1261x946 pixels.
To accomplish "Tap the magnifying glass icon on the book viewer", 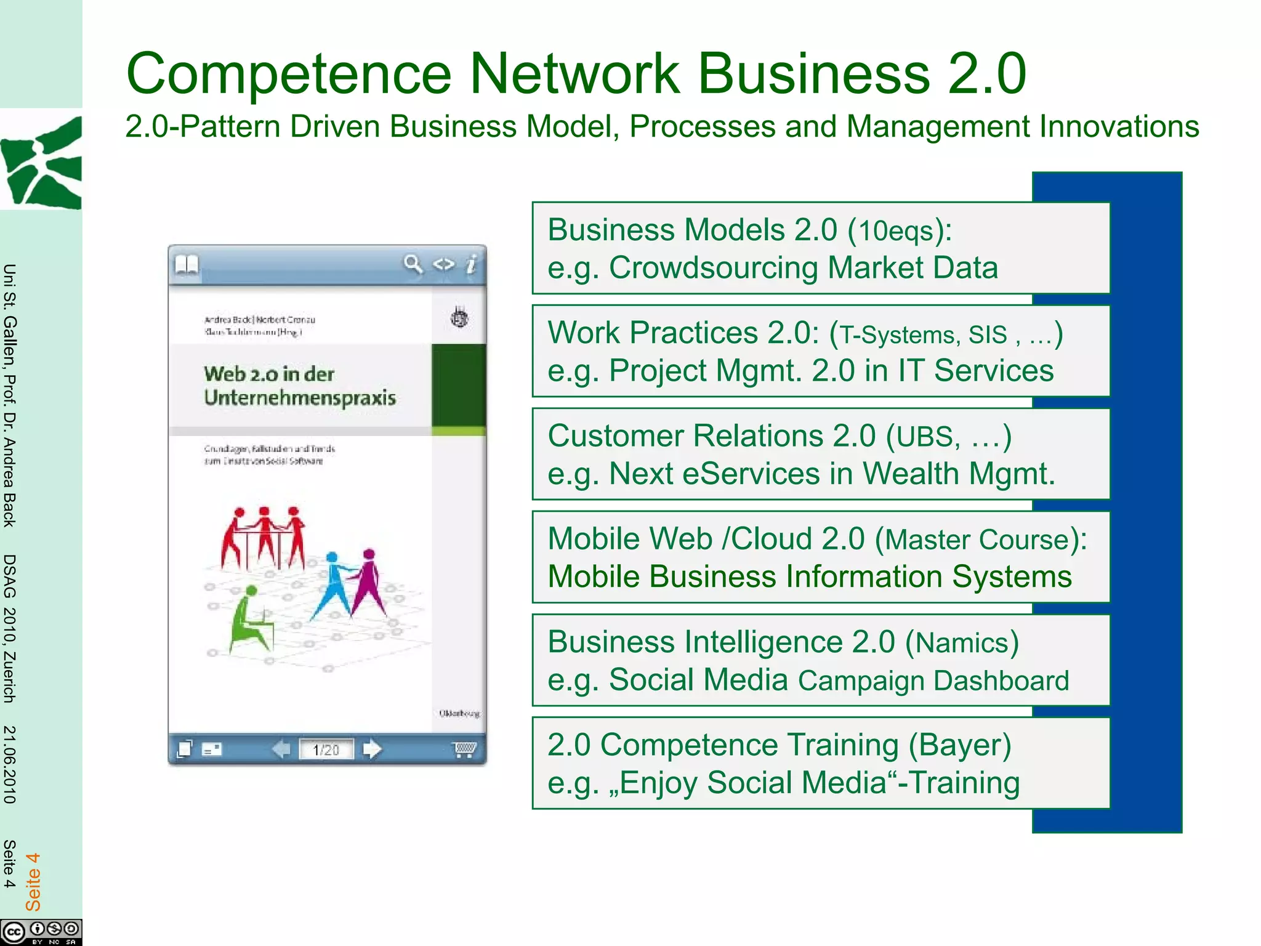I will (x=413, y=264).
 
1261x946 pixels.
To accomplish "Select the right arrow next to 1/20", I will (x=372, y=749).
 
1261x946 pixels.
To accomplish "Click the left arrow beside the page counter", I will (x=281, y=749).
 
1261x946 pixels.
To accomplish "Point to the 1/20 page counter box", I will (x=326, y=750).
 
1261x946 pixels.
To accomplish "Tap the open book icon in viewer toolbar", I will (x=187, y=265).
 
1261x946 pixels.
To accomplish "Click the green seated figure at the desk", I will (x=249, y=619).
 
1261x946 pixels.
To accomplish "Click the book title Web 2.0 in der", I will (x=269, y=374).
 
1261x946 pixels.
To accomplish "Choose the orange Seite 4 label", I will (x=33, y=881).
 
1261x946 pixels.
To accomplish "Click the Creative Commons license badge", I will (x=41, y=931).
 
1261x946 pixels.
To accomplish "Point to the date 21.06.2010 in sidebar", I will (x=9, y=764).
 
